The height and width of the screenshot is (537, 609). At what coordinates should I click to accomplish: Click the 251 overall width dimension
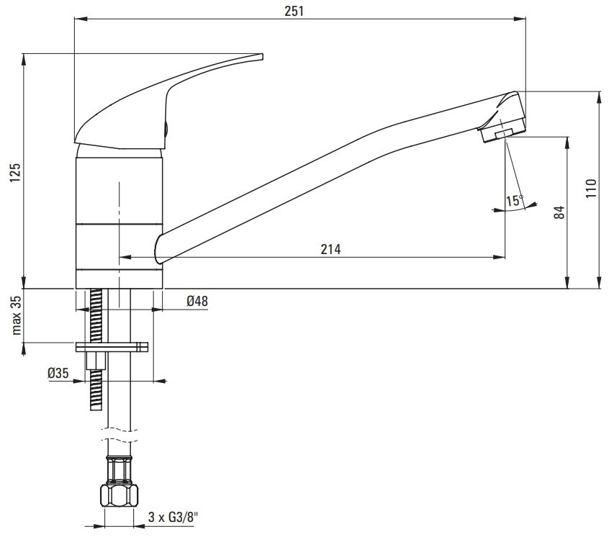(x=294, y=11)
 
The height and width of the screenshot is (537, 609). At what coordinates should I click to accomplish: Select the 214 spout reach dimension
(x=330, y=249)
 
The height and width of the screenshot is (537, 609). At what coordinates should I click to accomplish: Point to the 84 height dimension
(x=559, y=212)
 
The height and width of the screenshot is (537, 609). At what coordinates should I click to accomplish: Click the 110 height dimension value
(x=590, y=189)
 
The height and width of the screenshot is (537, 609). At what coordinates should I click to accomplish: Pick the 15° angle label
(x=514, y=201)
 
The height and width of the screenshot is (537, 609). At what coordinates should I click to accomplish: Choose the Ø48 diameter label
(x=197, y=301)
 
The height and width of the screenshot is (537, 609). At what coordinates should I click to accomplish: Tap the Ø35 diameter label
(x=58, y=373)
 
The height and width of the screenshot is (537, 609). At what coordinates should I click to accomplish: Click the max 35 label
(x=16, y=315)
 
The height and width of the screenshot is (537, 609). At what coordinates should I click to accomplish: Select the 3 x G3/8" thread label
(x=173, y=517)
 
